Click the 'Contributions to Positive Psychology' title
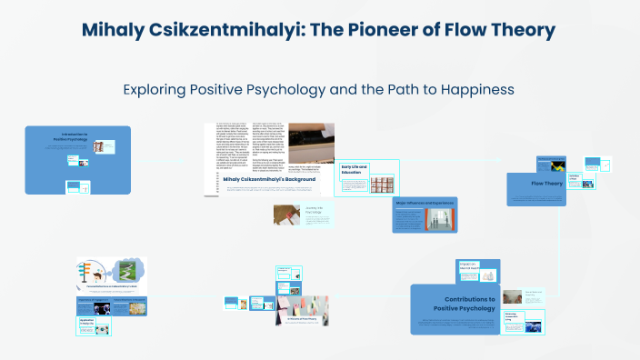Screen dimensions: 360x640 470,304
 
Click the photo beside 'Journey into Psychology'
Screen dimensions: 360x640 287,214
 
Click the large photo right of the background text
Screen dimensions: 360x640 312,144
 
